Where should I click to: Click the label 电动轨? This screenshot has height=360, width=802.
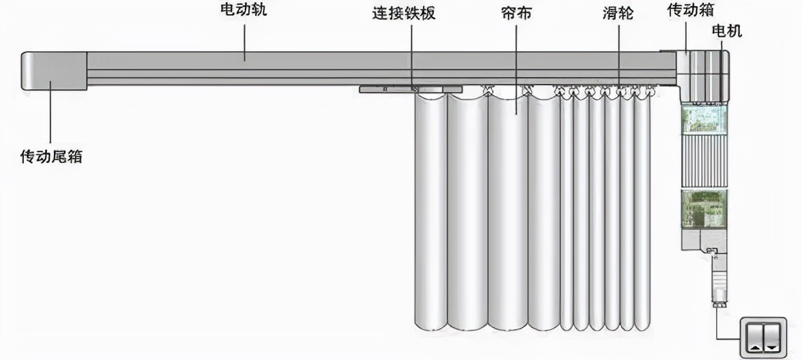(x=241, y=11)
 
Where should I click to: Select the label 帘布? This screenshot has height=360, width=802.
(x=516, y=13)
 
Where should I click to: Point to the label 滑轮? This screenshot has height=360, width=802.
(x=619, y=13)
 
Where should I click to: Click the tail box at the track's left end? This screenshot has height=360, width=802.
(x=55, y=70)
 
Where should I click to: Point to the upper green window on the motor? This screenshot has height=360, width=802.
(x=705, y=119)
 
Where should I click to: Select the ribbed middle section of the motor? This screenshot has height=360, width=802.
(x=705, y=161)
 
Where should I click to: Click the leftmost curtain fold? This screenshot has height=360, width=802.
(x=431, y=211)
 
